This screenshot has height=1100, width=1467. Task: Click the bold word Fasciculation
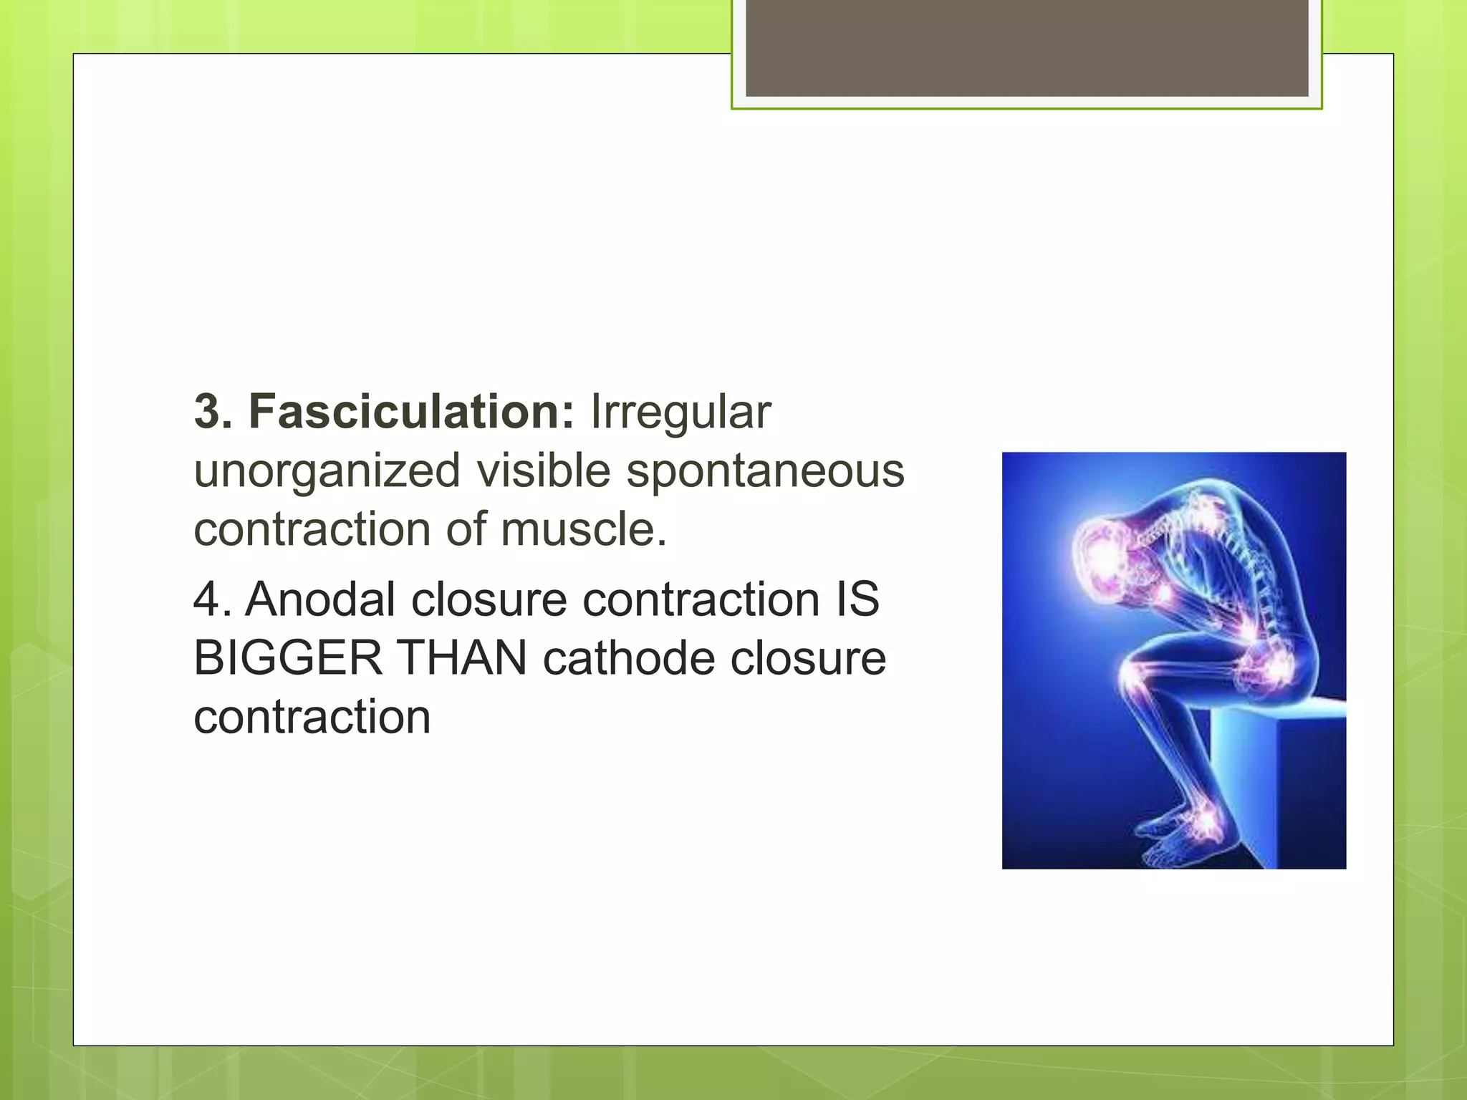coord(410,412)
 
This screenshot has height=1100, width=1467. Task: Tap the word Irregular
coord(680,412)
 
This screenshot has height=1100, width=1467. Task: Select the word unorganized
coord(327,471)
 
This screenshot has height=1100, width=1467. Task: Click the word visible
coord(543,471)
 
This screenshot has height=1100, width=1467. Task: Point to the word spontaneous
coord(765,471)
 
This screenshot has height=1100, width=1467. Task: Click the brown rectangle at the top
coord(1026,47)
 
